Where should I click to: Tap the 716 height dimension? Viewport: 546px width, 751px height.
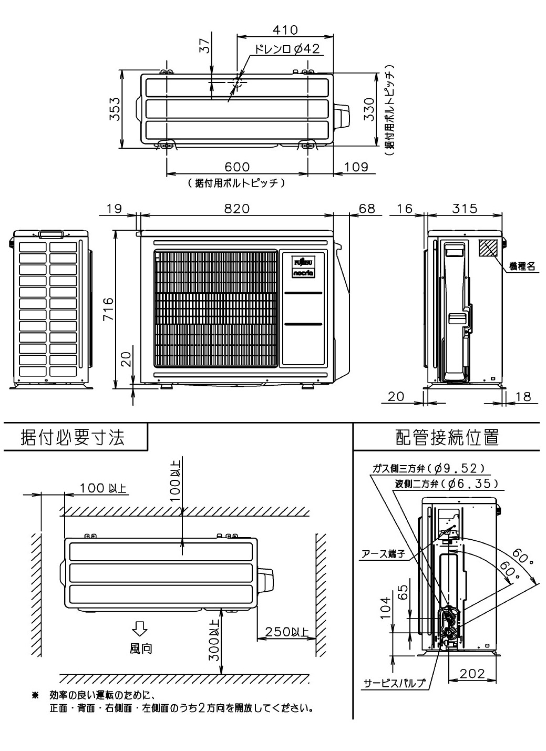pyautogui.click(x=108, y=308)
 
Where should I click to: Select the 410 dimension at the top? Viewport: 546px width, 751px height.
pyautogui.click(x=285, y=30)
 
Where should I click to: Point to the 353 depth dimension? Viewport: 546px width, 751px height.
pyautogui.click(x=115, y=109)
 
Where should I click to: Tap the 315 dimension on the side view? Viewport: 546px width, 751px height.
pyautogui.click(x=465, y=208)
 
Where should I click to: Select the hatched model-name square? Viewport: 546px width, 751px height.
pyautogui.click(x=488, y=248)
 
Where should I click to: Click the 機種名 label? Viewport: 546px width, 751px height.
pyautogui.click(x=522, y=267)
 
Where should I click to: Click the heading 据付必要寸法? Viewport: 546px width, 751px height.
pyautogui.click(x=73, y=437)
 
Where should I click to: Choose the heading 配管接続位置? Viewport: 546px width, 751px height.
pyautogui.click(x=447, y=437)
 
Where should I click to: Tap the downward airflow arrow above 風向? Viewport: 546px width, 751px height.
pyautogui.click(x=140, y=628)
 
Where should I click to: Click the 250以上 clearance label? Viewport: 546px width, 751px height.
pyautogui.click(x=287, y=632)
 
